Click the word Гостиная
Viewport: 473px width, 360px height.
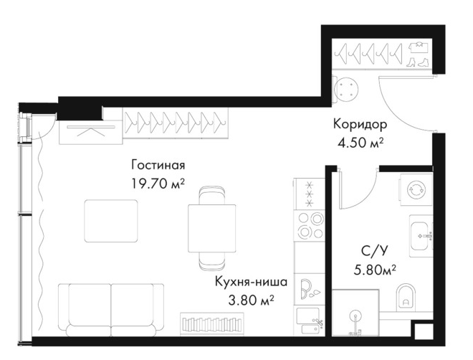click(x=158, y=165)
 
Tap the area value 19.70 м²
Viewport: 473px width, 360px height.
click(x=158, y=183)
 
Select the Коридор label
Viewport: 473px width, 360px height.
click(x=360, y=125)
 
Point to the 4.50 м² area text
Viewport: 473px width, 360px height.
click(x=360, y=143)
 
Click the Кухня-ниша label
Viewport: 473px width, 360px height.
click(x=251, y=282)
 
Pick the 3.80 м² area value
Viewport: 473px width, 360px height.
click(x=251, y=300)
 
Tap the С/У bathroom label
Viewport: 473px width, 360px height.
click(x=374, y=251)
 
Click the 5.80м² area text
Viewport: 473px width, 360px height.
click(x=375, y=270)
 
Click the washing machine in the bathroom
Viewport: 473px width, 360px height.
click(x=416, y=190)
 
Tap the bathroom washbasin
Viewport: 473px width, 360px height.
click(x=421, y=236)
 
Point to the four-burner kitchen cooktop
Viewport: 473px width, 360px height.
click(x=310, y=225)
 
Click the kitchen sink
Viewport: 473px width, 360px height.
click(x=310, y=321)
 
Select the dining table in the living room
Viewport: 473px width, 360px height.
click(x=211, y=228)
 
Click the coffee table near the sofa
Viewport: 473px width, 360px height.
click(x=111, y=221)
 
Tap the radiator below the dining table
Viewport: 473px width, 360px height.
click(x=211, y=324)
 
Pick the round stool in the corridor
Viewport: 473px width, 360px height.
click(x=346, y=90)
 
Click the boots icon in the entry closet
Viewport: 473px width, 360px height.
click(x=418, y=62)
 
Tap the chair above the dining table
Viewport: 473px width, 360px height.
click(x=211, y=196)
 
